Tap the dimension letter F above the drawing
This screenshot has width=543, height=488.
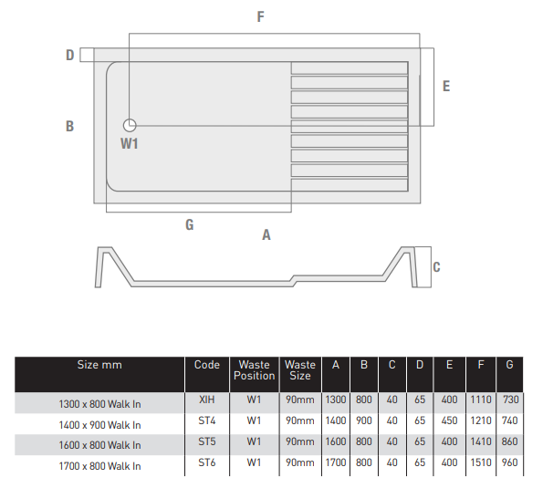point(260,16)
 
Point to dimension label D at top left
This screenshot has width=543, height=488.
point(70,55)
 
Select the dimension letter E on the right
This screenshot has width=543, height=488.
point(446,86)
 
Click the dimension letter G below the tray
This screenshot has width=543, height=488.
point(190,225)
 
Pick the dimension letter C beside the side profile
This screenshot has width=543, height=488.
point(436,267)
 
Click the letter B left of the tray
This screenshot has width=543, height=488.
point(69,126)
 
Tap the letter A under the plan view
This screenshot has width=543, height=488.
point(266,235)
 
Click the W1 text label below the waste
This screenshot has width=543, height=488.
point(130,143)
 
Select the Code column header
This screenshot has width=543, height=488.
point(207,365)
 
